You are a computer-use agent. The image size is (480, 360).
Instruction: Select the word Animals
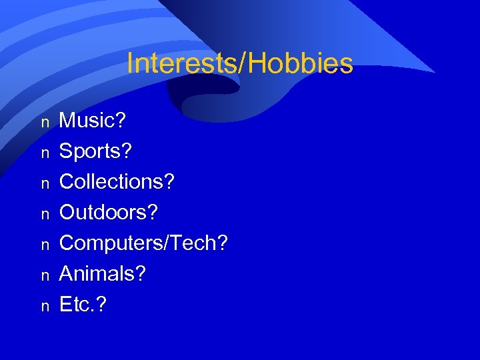tap(97, 274)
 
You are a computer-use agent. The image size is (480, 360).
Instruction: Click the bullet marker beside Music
tap(45, 123)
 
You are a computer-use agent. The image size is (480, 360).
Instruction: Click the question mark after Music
tap(121, 121)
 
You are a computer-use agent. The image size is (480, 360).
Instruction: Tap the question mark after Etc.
tap(101, 305)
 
